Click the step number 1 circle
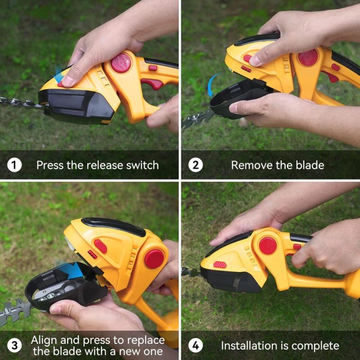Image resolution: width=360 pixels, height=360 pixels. pyautogui.click(x=14, y=165)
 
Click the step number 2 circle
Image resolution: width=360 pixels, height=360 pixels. pyautogui.click(x=195, y=165)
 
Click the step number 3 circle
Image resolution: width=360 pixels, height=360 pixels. pyautogui.click(x=14, y=346)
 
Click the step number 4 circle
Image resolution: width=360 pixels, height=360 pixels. pyautogui.click(x=195, y=346)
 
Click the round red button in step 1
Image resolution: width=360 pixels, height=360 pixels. pyautogui.click(x=121, y=63)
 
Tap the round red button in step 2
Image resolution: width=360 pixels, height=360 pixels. pyautogui.click(x=308, y=58)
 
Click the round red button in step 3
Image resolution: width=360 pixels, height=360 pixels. pyautogui.click(x=154, y=259)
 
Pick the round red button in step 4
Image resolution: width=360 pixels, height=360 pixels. pyautogui.click(x=268, y=246)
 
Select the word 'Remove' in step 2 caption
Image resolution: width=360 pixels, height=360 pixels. pyautogui.click(x=249, y=165)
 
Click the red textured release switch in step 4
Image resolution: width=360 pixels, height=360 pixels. pyautogui.click(x=220, y=265)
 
